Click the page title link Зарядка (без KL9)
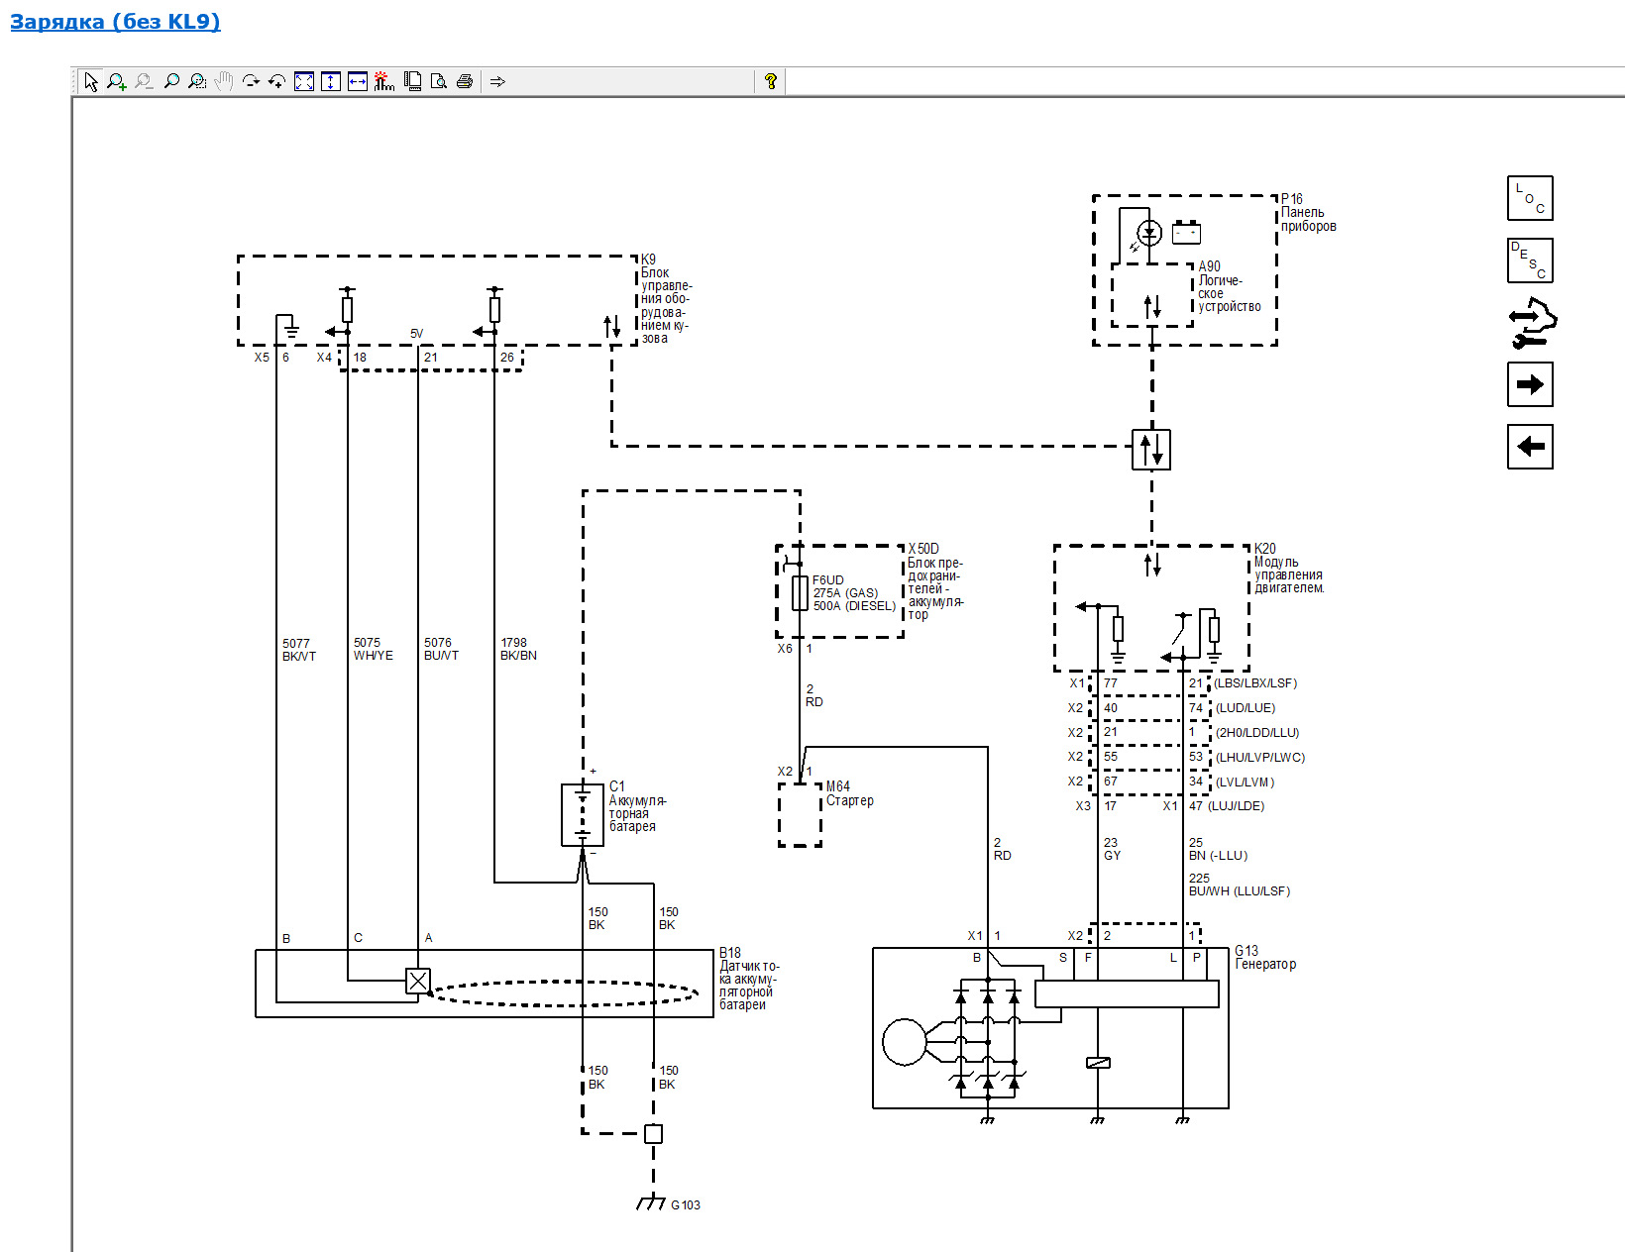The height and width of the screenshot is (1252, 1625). pos(115,21)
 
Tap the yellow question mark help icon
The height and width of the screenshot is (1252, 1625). pos(770,80)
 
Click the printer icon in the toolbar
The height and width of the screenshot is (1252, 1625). pos(465,80)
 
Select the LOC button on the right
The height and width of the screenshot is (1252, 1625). pos(1529,198)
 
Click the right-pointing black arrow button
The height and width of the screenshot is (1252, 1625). pos(1529,384)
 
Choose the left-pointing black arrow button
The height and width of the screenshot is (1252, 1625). pos(1529,447)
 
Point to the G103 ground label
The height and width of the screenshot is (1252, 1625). pos(685,1204)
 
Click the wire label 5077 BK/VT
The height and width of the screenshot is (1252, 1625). pos(299,650)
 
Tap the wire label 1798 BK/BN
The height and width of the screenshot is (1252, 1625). pos(518,649)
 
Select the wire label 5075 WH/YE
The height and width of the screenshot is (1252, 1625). pos(373,649)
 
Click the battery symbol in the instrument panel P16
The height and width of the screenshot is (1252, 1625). pos(1186,233)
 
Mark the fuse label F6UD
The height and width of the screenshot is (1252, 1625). pos(827,580)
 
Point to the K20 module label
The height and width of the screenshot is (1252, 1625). pos(1265,549)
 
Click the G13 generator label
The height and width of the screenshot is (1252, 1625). pos(1246,951)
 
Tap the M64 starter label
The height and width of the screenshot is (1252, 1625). pos(837,786)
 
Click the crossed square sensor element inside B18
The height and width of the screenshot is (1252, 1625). pos(418,981)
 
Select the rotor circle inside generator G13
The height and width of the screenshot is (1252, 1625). pos(904,1041)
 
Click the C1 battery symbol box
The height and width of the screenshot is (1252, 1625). pos(582,815)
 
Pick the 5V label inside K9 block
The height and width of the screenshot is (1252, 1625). pos(416,334)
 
